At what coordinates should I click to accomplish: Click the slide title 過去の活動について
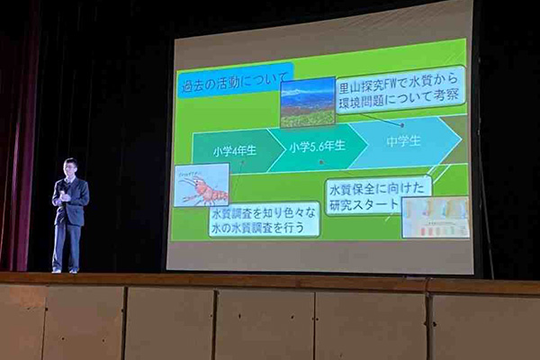coord(229,86)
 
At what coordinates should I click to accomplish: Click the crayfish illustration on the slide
coord(202,184)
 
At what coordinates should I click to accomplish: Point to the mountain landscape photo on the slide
coord(308,101)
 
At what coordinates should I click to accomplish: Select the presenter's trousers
coord(67,243)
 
